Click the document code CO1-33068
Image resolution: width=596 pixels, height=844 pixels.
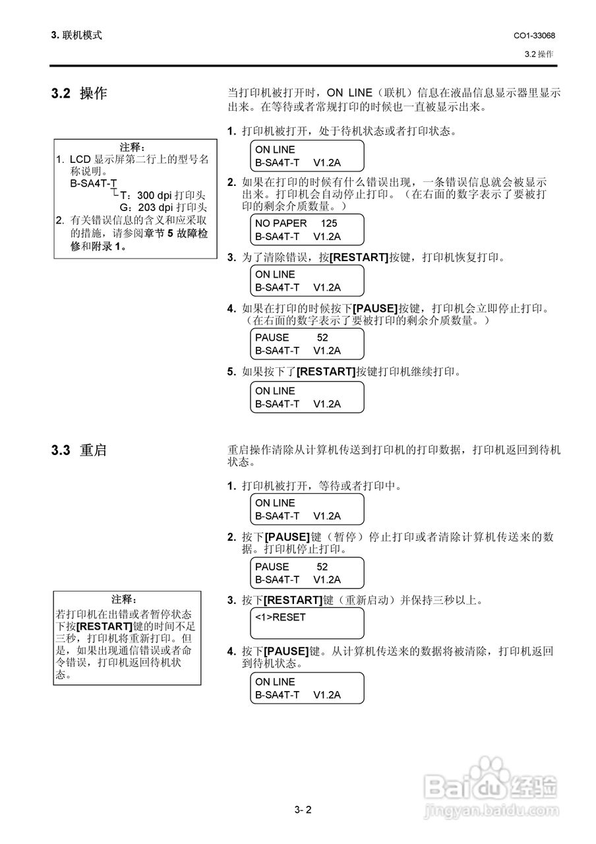click(534, 36)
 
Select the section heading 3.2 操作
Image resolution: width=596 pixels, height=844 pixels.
click(78, 94)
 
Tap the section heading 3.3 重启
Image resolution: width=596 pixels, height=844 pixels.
click(78, 451)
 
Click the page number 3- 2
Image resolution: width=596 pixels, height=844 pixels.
click(303, 810)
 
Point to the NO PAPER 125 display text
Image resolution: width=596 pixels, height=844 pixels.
click(296, 224)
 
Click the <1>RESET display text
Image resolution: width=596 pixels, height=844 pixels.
click(280, 618)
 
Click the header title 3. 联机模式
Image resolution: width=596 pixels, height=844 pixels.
click(76, 36)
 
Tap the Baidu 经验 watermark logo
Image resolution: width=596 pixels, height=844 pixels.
click(491, 785)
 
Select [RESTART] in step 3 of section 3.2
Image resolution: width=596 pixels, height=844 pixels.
click(359, 258)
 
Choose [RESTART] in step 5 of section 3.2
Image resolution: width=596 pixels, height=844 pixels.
click(326, 372)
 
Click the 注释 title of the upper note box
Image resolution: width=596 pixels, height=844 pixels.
click(133, 147)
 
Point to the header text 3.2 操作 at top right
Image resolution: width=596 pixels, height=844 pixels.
click(539, 54)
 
